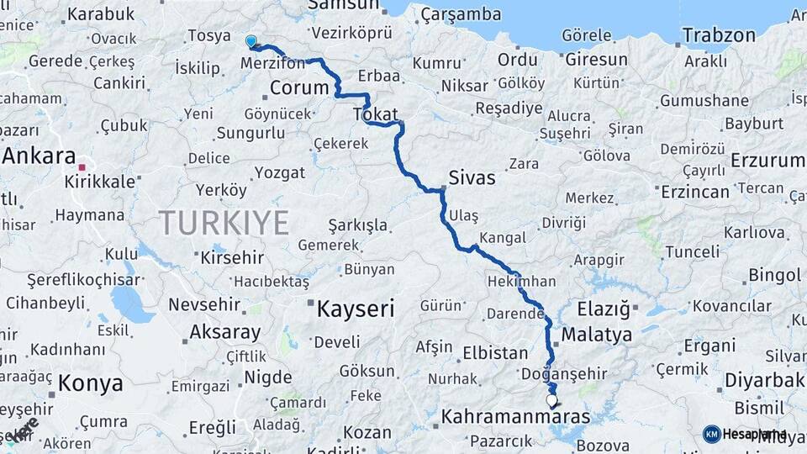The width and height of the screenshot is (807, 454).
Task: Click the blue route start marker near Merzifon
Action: point(251,41)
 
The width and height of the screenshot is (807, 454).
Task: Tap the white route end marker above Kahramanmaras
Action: point(551,401)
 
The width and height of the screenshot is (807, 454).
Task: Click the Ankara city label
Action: point(40,156)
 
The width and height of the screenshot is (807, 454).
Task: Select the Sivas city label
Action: point(472,179)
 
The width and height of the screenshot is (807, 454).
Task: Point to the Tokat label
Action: point(375,114)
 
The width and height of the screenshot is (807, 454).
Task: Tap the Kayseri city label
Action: point(356,309)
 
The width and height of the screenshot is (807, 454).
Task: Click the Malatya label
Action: point(596,335)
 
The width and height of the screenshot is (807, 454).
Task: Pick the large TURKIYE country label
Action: point(224,223)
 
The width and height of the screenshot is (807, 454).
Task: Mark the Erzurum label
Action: point(767,161)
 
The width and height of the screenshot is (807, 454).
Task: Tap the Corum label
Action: point(299,88)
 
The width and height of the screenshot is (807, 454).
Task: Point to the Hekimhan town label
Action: point(521,282)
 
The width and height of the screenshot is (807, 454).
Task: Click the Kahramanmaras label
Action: point(515,416)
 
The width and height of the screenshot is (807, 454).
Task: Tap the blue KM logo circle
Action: point(711,434)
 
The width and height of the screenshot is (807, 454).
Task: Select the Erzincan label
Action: point(694,192)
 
